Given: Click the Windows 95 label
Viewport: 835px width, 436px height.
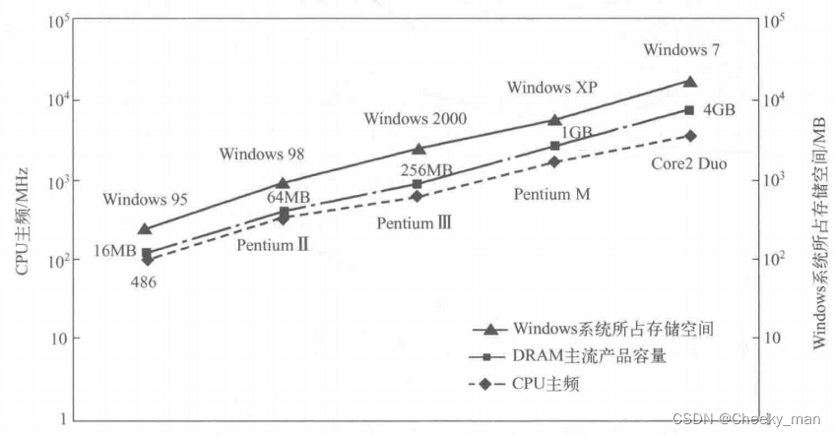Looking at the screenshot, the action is point(145,200).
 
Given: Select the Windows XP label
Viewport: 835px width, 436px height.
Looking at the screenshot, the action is point(552,88).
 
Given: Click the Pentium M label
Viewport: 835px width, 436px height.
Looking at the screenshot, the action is point(551,195).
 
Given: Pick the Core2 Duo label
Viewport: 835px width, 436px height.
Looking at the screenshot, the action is point(689,163).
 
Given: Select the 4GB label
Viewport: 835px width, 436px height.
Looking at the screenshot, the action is point(719,110).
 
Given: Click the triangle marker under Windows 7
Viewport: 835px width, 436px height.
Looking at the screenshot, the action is point(689,82).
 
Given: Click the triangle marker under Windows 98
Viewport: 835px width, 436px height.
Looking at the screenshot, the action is point(284,182).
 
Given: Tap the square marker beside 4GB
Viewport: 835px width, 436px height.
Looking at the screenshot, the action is point(689,110).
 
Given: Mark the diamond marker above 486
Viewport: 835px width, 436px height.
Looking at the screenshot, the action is point(147,260).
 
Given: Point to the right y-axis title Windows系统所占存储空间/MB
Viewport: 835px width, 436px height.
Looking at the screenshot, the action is point(816,218).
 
